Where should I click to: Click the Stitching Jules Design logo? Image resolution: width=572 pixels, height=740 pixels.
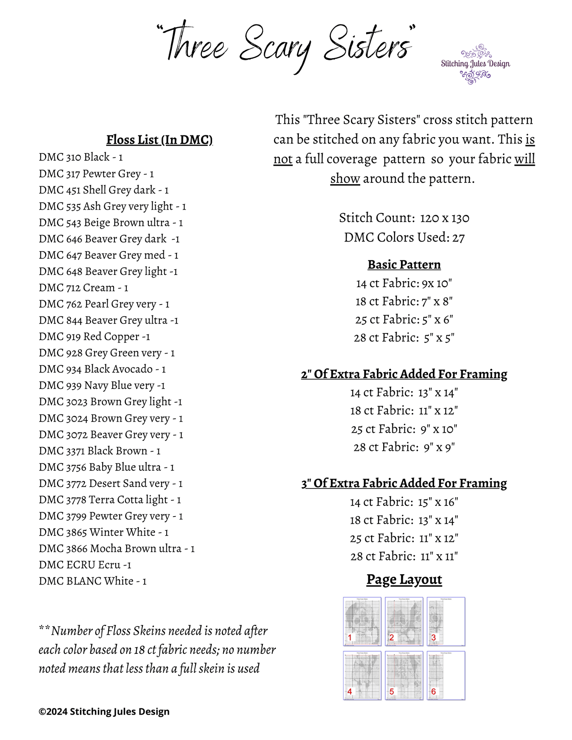point(475,64)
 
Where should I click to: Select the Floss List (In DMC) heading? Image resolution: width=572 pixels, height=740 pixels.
point(159,140)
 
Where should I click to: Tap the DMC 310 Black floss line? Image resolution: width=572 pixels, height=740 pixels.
point(81,157)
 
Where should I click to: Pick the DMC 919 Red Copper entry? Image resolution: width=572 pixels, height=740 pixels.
point(94,337)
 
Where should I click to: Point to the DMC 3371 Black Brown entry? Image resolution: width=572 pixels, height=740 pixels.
point(99,451)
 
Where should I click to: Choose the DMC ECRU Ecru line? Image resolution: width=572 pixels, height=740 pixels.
point(85,565)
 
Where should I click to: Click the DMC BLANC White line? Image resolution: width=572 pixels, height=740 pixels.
point(93,581)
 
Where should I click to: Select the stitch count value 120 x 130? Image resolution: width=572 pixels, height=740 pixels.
point(445,218)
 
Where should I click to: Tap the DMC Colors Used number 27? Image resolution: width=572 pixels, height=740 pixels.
point(458,238)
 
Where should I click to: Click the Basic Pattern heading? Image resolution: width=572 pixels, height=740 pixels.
point(404,265)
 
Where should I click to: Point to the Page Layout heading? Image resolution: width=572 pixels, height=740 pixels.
point(404,579)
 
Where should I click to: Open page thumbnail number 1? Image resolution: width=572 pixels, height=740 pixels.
point(362,621)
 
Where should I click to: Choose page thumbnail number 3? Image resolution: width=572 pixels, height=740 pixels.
point(446,621)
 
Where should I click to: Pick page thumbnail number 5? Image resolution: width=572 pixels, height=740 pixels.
point(404,676)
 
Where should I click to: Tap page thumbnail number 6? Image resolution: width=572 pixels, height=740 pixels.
point(446,676)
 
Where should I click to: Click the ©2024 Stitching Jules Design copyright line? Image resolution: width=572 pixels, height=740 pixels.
point(104,712)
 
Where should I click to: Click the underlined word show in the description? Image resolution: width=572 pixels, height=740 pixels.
point(345,179)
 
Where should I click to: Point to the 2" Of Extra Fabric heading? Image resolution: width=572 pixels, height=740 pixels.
point(404,374)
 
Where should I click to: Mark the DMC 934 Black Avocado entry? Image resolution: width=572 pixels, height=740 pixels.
point(102,369)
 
